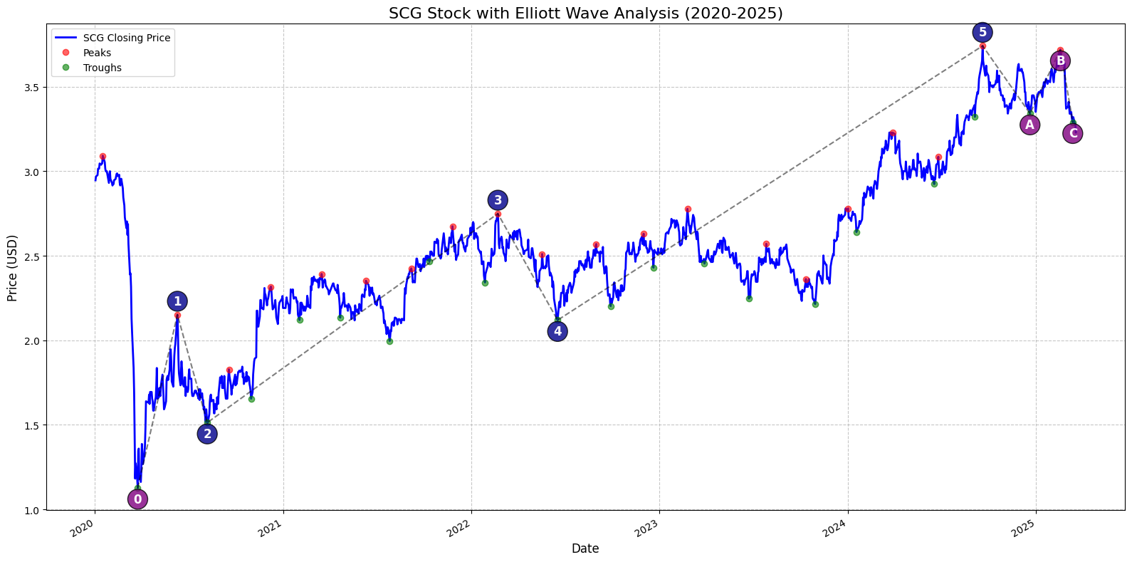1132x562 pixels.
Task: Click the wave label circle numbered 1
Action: pyautogui.click(x=177, y=302)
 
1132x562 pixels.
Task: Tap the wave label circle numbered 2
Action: pyautogui.click(x=207, y=434)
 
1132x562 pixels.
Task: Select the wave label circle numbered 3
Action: pyautogui.click(x=498, y=200)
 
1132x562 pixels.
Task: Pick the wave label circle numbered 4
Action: pyautogui.click(x=557, y=331)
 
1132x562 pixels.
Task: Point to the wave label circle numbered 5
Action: pyautogui.click(x=982, y=32)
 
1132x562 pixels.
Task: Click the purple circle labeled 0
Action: pyautogui.click(x=137, y=499)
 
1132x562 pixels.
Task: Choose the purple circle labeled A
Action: pyautogui.click(x=1029, y=125)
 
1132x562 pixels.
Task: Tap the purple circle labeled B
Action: pyautogui.click(x=1060, y=61)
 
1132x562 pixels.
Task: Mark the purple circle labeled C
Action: pyautogui.click(x=1073, y=133)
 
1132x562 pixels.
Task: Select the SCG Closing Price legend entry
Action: pyautogui.click(x=112, y=38)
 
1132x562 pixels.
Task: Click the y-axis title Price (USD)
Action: pyautogui.click(x=12, y=269)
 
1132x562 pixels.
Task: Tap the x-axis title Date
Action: pyautogui.click(x=585, y=548)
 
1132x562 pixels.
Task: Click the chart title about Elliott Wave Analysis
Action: pyautogui.click(x=586, y=13)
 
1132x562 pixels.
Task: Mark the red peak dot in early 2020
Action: pyautogui.click(x=103, y=157)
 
